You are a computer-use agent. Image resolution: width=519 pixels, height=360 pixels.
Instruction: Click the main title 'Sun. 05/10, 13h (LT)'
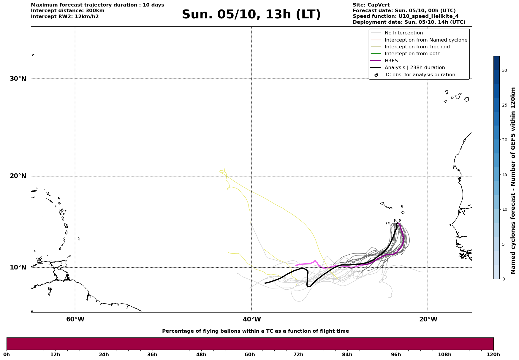tap(251, 15)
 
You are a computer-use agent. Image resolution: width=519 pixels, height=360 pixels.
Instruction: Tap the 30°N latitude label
tap(18, 79)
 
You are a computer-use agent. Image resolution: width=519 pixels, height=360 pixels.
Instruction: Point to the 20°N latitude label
tap(18, 176)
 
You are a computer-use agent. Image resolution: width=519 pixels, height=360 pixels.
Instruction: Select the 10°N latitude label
tap(18, 267)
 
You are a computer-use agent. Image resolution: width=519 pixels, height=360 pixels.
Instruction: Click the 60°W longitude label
tap(75, 319)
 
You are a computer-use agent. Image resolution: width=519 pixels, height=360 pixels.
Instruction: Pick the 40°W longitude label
tap(252, 319)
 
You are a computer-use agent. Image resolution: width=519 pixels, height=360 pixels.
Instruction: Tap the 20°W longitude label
tap(428, 319)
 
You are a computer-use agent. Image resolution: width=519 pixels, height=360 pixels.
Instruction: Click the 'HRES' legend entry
tap(391, 61)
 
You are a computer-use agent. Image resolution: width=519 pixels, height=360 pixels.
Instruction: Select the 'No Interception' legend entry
tap(404, 33)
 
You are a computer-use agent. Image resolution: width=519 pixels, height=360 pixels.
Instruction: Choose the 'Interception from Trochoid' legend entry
tap(417, 47)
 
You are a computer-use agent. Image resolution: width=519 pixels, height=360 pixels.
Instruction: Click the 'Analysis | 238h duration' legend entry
tap(414, 68)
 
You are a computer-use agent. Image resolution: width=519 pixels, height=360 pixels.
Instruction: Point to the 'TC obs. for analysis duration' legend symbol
tap(376, 75)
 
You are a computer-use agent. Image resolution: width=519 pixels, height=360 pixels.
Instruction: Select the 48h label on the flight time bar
tap(201, 354)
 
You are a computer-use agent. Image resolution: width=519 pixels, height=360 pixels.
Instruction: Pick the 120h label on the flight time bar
tap(493, 354)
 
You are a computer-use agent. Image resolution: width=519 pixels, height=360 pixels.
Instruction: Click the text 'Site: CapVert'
tap(371, 5)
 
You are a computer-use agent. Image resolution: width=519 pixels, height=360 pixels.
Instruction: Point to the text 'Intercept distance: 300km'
tap(67, 11)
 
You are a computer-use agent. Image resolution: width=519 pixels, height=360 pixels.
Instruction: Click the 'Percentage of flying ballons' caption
tap(255, 331)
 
